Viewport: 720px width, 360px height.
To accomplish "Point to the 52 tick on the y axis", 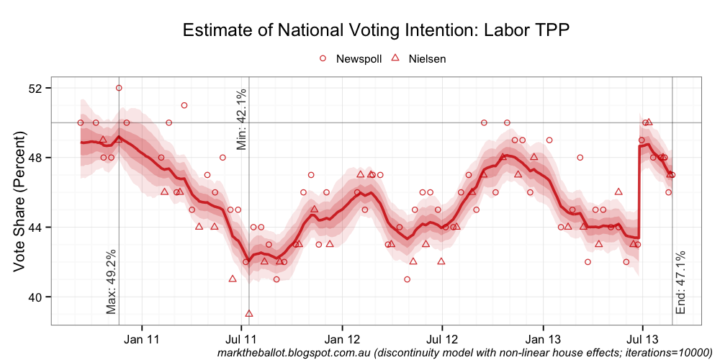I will pos(35,88).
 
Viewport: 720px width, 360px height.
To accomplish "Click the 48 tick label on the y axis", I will pos(35,158).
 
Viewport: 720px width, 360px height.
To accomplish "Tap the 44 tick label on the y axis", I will pos(35,228).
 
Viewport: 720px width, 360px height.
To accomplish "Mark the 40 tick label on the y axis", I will pos(35,297).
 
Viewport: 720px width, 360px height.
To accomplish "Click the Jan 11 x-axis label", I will pos(142,338).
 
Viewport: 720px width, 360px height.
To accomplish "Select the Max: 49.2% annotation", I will pos(111,282).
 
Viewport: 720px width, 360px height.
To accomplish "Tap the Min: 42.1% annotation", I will pos(242,119).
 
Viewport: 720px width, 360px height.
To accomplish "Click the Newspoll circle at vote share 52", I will pos(119,88).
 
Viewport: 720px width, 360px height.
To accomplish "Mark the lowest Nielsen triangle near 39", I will pos(249,313).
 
